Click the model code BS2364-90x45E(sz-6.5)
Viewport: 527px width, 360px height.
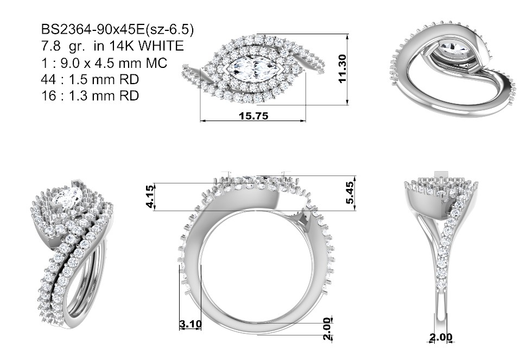[117, 29]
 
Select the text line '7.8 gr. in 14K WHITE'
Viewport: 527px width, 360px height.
[112, 46]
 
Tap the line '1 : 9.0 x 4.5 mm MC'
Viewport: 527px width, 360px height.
[104, 62]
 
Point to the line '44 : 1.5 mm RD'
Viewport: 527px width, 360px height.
[90, 79]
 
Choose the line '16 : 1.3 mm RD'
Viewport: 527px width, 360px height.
[90, 96]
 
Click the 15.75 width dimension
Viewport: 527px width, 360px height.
[253, 116]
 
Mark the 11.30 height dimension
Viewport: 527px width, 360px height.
[342, 68]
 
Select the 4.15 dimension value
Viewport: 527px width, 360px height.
[150, 196]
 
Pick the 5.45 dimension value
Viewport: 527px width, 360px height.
[350, 193]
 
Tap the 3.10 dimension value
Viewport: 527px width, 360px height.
[191, 324]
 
